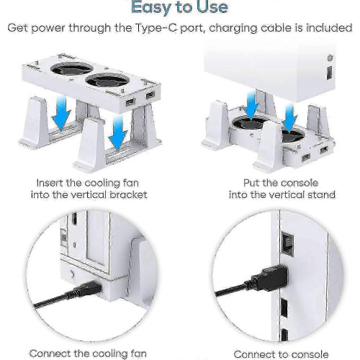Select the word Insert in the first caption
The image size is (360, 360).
pos(50,183)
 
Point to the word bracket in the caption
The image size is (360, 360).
pos(128,194)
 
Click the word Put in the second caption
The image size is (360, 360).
pos(251,183)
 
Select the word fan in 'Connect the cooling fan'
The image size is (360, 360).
pos(138,354)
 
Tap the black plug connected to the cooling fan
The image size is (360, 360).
pos(88,289)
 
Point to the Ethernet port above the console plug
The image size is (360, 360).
pos(287,244)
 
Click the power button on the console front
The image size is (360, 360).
pos(330,58)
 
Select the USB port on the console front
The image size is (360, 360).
pos(330,72)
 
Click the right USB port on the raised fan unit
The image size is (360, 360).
pos(150,96)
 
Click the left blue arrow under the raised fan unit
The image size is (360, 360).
pos(62,112)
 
